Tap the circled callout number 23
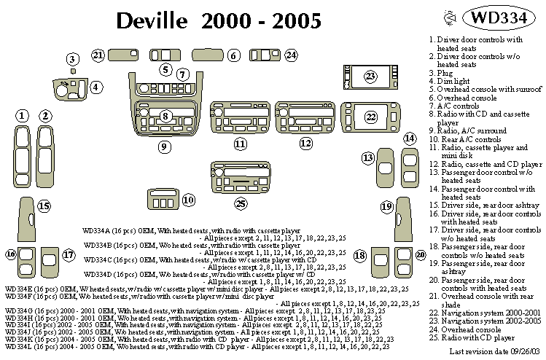point(370,76)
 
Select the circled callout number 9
point(165,146)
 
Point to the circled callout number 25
point(241,203)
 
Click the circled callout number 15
point(44,206)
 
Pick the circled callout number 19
point(386,207)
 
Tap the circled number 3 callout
point(72,59)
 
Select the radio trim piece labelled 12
point(305,118)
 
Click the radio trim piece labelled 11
point(240,118)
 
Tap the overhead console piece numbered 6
point(207,55)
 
